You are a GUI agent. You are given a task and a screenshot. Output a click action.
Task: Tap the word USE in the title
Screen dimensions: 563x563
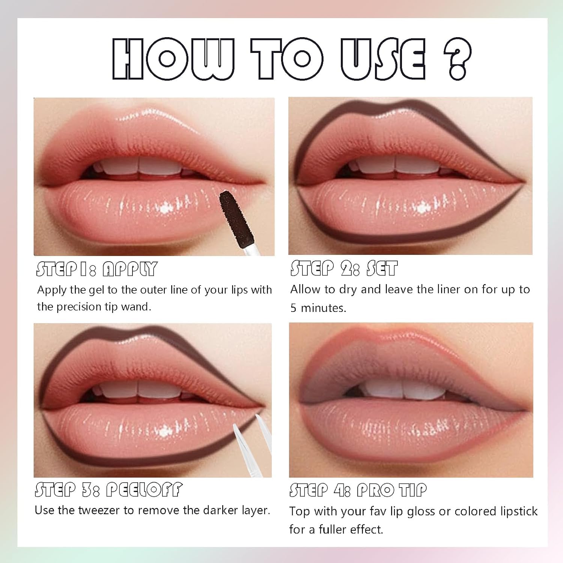[x=383, y=59]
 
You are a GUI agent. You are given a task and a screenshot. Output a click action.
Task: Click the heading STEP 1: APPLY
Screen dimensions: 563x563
[x=96, y=269]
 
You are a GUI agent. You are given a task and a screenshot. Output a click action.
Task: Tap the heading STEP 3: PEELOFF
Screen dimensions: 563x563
[x=108, y=489]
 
